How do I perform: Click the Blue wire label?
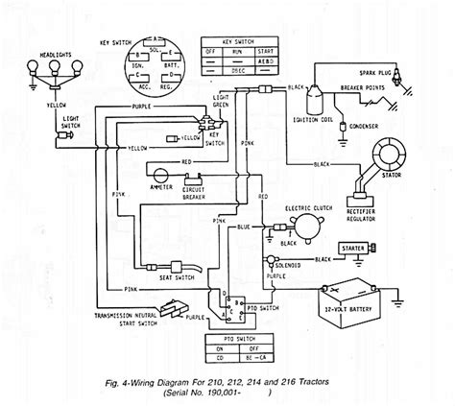tap(246, 227)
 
